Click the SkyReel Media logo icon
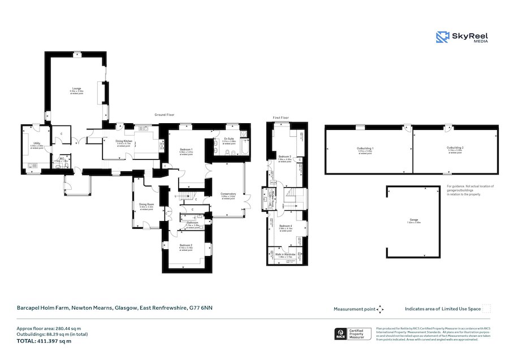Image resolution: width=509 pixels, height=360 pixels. [442, 37]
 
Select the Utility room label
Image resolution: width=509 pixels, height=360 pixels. [36, 144]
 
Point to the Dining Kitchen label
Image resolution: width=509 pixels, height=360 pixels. [124, 141]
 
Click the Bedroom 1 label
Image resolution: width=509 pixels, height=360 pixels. [186, 149]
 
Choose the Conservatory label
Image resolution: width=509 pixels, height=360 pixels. [228, 194]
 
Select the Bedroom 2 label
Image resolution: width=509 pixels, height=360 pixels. [186, 245]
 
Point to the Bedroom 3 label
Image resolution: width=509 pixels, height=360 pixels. [285, 157]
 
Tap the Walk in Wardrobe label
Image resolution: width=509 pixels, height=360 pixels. [285, 254]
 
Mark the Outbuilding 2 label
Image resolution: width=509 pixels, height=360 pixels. [455, 148]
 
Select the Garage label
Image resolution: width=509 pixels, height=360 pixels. [414, 220]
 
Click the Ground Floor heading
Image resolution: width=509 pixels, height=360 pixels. [165, 115]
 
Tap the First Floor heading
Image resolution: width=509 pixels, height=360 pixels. [281, 118]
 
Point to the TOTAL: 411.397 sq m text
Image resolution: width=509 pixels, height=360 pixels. [44, 341]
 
